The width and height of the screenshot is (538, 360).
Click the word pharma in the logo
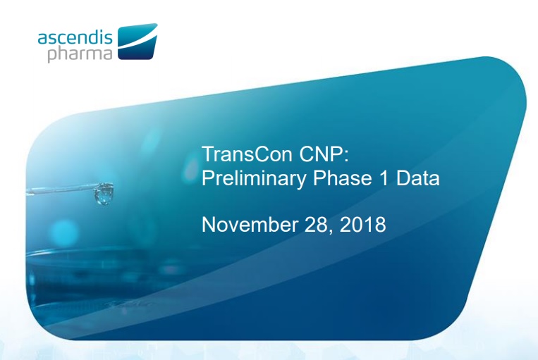(80, 54)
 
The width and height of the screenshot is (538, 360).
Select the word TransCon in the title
(243, 154)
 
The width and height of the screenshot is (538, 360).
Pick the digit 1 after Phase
(379, 179)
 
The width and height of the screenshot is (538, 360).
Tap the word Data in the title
(417, 179)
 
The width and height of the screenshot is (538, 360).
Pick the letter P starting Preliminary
(208, 179)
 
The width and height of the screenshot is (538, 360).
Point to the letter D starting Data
(402, 179)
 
